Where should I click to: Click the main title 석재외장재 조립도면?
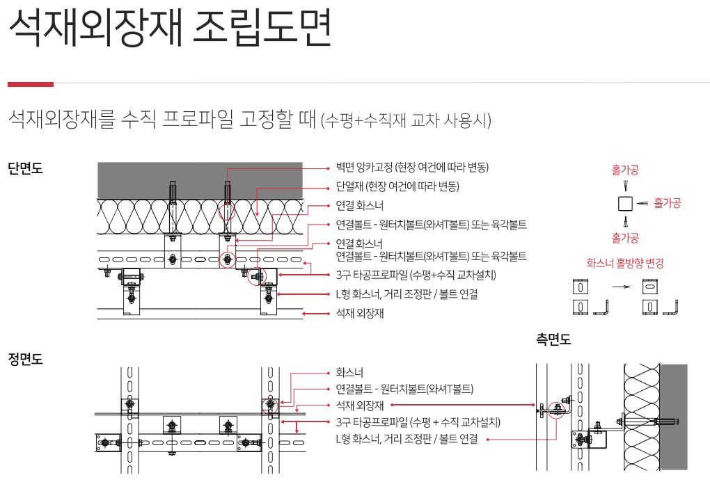(171, 28)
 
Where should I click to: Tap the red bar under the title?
(31, 84)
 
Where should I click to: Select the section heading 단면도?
(25, 168)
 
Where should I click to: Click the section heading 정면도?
(25, 359)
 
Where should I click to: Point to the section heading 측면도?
(553, 339)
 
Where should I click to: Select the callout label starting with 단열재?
(397, 186)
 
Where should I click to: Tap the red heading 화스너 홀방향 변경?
(625, 263)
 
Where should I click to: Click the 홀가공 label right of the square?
(667, 203)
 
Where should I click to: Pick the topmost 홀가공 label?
(625, 170)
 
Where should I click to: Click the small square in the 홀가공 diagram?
(625, 203)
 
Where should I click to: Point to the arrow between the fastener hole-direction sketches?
(621, 287)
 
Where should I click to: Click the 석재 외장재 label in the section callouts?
(360, 313)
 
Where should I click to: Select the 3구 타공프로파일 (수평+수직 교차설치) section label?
(416, 275)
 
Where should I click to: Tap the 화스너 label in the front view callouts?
(349, 373)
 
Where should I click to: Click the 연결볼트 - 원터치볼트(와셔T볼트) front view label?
(404, 389)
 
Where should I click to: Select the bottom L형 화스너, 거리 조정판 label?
(407, 439)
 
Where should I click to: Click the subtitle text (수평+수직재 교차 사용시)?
(406, 120)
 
